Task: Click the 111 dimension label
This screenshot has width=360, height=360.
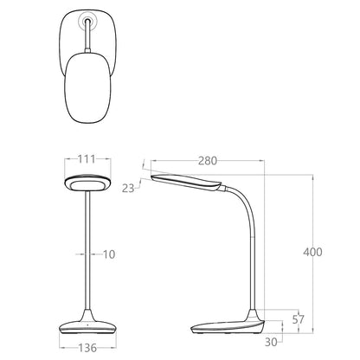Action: [87, 159]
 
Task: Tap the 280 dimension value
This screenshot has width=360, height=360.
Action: [208, 161]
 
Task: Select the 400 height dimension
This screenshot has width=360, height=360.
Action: [312, 252]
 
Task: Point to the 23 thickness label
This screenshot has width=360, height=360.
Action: [128, 189]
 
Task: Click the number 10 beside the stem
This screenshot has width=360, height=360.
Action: [109, 254]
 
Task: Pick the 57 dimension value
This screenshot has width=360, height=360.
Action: [299, 319]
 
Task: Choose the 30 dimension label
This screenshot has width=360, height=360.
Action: [271, 342]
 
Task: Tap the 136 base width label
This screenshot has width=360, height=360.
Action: [87, 348]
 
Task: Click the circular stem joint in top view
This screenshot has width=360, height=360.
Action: [87, 21]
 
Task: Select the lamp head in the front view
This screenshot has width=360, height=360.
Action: [87, 183]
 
